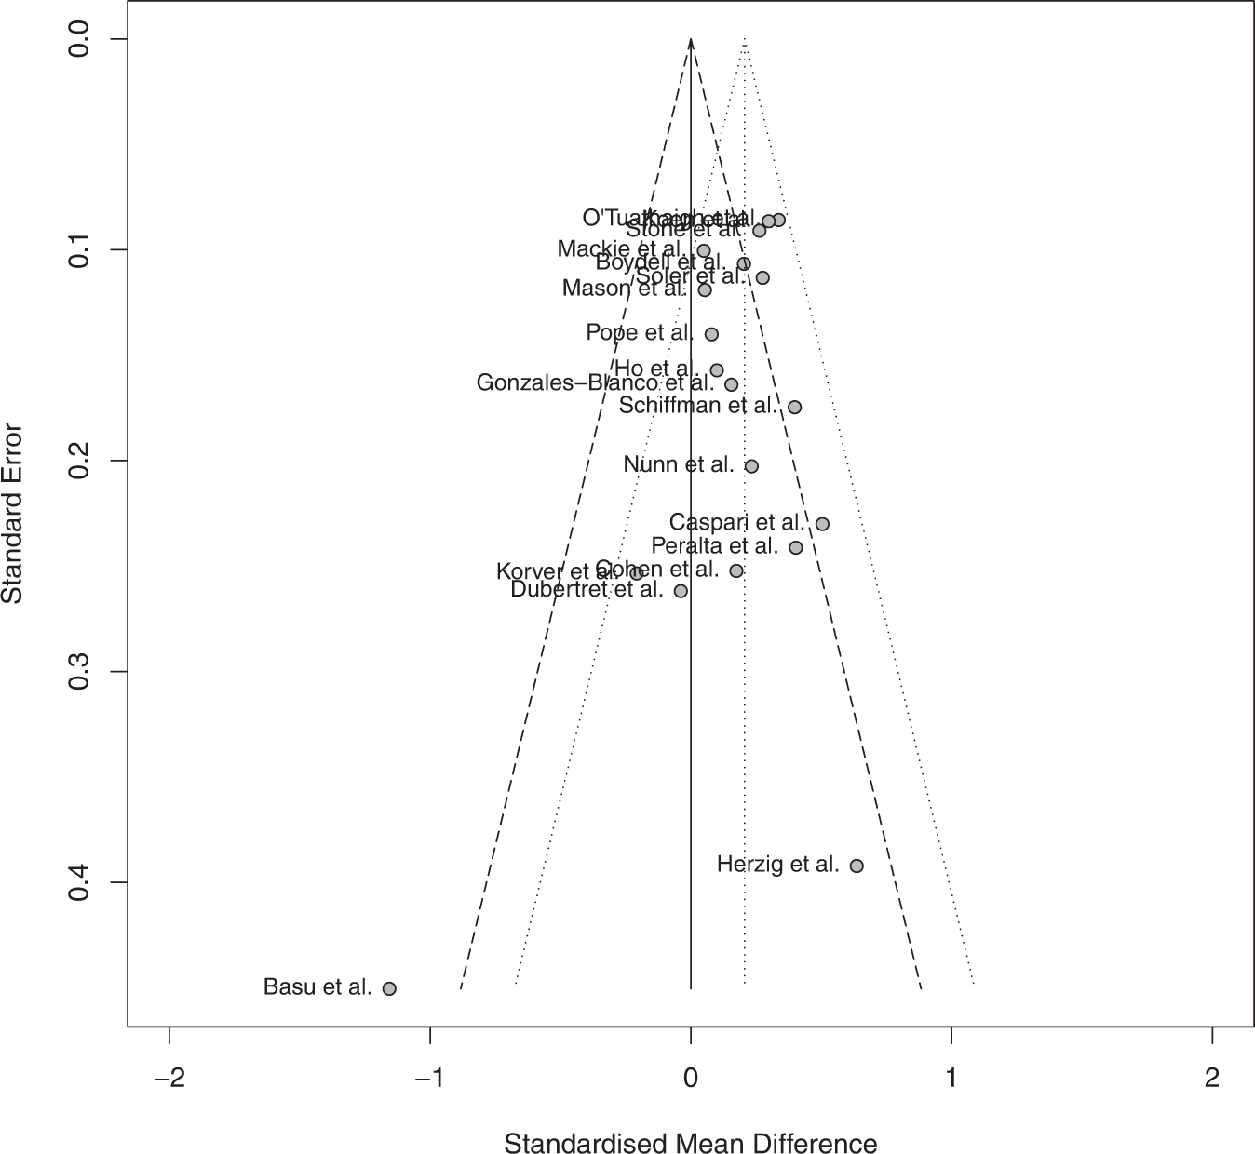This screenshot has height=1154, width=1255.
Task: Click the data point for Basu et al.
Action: (x=389, y=988)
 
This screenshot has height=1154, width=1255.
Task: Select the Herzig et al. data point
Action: (x=857, y=865)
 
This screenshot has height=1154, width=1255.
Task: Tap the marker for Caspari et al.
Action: (x=822, y=524)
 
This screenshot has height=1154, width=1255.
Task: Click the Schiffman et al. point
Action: (x=794, y=407)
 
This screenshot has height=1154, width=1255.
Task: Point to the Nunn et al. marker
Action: (x=751, y=466)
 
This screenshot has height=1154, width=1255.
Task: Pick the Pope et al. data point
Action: (x=711, y=334)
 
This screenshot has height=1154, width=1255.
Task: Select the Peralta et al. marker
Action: (x=795, y=547)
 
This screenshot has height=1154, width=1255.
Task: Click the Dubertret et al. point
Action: (x=681, y=591)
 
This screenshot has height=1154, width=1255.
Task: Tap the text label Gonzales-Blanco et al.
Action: (x=595, y=382)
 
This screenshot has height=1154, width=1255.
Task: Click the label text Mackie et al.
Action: (x=621, y=249)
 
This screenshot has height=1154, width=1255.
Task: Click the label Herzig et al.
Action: (x=777, y=865)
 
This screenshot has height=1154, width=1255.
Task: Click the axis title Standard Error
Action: (x=13, y=513)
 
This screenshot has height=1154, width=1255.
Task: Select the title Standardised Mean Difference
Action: (x=690, y=1143)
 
